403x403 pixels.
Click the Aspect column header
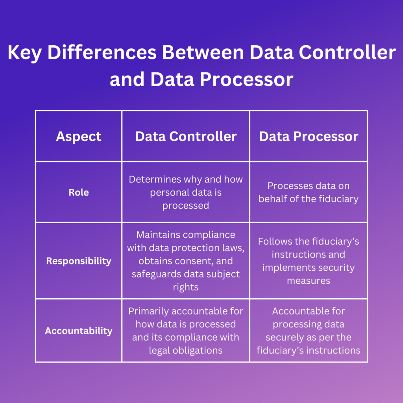(x=79, y=137)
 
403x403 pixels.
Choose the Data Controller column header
(x=186, y=137)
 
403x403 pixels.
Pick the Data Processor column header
(x=309, y=137)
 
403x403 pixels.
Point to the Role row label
(x=79, y=192)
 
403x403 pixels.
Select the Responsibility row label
(x=79, y=261)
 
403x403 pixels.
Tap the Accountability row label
(x=79, y=331)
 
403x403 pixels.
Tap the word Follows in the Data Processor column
(x=273, y=242)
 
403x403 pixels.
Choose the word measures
(x=309, y=281)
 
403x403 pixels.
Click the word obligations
(x=199, y=350)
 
